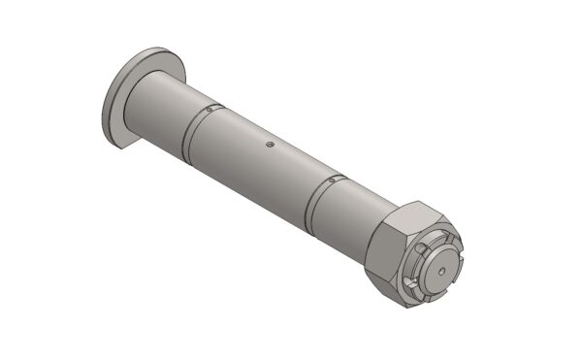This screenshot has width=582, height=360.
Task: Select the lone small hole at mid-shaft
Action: pyautogui.click(x=270, y=145)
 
